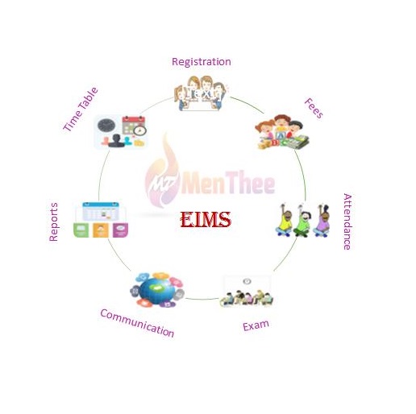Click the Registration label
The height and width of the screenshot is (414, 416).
[202, 62]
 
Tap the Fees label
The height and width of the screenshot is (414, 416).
[314, 108]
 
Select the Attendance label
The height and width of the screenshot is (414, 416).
[347, 221]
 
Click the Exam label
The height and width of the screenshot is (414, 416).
[256, 325]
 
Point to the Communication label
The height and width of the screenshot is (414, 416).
[137, 323]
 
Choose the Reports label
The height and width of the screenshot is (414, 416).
[53, 222]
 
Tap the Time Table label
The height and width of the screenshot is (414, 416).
[81, 109]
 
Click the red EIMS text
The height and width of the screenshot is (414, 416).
[206, 219]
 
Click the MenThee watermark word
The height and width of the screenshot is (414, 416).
[228, 182]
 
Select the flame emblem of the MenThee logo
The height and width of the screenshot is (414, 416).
[162, 172]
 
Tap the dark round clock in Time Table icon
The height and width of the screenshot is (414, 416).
[106, 126]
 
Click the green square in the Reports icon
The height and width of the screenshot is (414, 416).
[81, 230]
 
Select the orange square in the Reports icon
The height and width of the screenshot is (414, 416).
[101, 230]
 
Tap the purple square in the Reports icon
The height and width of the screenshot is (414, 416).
[120, 230]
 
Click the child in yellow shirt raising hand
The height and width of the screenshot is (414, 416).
[285, 221]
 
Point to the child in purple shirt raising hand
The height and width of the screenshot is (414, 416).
[322, 221]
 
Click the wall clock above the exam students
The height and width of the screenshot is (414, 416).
[247, 281]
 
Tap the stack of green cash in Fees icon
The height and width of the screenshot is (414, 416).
[297, 142]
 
